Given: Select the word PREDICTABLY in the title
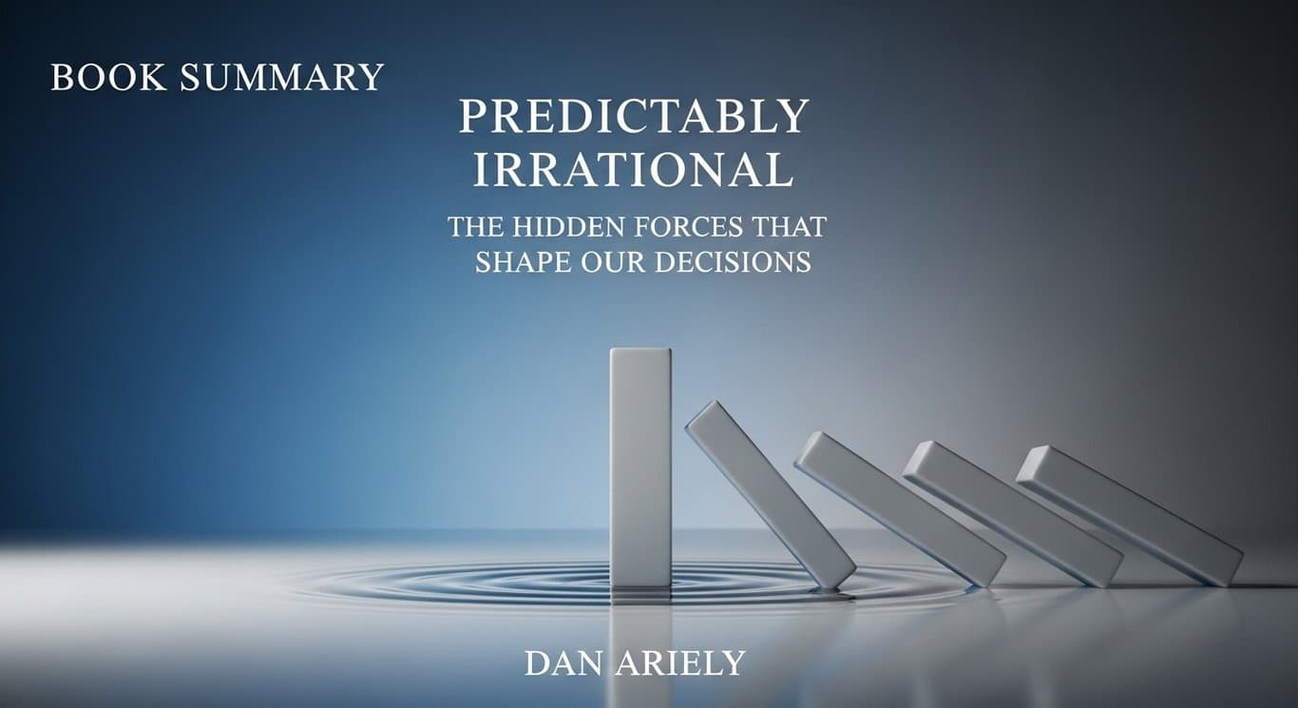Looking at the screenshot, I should (x=634, y=117).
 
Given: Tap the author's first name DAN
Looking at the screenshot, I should (x=563, y=664).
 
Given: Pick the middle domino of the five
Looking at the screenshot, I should (x=899, y=508).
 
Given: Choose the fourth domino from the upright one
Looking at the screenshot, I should (x=1012, y=513).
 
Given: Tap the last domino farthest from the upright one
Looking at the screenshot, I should (x=1129, y=515).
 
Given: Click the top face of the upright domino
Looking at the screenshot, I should (x=640, y=351).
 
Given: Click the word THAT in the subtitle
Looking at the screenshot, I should (x=792, y=228).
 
